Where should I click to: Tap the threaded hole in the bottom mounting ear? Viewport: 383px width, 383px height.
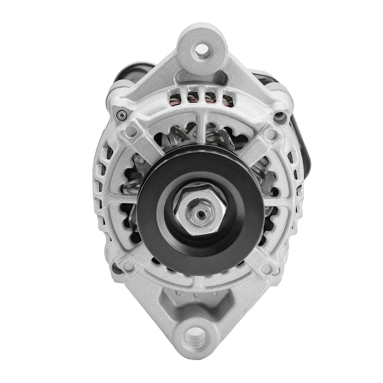[196, 335]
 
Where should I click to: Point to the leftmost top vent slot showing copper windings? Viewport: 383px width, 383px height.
[176, 98]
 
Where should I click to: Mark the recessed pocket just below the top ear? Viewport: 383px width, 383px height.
[201, 77]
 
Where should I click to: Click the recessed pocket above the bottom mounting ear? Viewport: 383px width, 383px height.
[197, 302]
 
